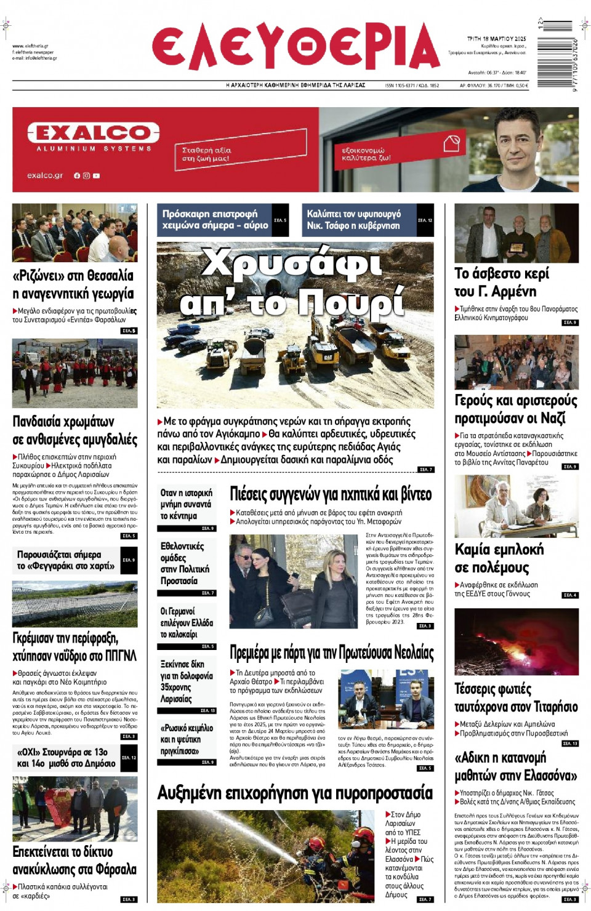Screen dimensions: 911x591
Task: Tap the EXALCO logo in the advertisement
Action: click(x=93, y=132)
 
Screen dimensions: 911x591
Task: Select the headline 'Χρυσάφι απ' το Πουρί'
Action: click(x=292, y=282)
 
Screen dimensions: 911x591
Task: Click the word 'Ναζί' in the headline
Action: click(x=552, y=419)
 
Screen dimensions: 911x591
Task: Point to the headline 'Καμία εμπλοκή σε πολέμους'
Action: click(x=499, y=558)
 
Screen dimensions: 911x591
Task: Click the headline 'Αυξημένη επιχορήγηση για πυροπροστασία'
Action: click(x=295, y=793)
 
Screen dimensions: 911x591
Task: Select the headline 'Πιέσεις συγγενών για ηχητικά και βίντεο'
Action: click(x=331, y=494)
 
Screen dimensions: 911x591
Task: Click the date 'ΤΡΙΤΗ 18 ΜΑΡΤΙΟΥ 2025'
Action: click(x=496, y=39)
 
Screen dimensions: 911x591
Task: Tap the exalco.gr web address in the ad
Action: click(x=45, y=175)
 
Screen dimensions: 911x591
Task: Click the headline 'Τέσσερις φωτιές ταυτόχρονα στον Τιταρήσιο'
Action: click(x=516, y=697)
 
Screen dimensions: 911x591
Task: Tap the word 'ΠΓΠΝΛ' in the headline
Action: click(x=121, y=656)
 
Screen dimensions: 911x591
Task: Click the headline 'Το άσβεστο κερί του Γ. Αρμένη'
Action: click(x=502, y=282)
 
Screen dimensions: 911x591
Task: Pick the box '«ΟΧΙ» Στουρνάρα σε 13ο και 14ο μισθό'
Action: click(x=66, y=758)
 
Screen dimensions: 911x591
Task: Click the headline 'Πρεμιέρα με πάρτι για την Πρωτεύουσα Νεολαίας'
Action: click(x=331, y=652)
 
